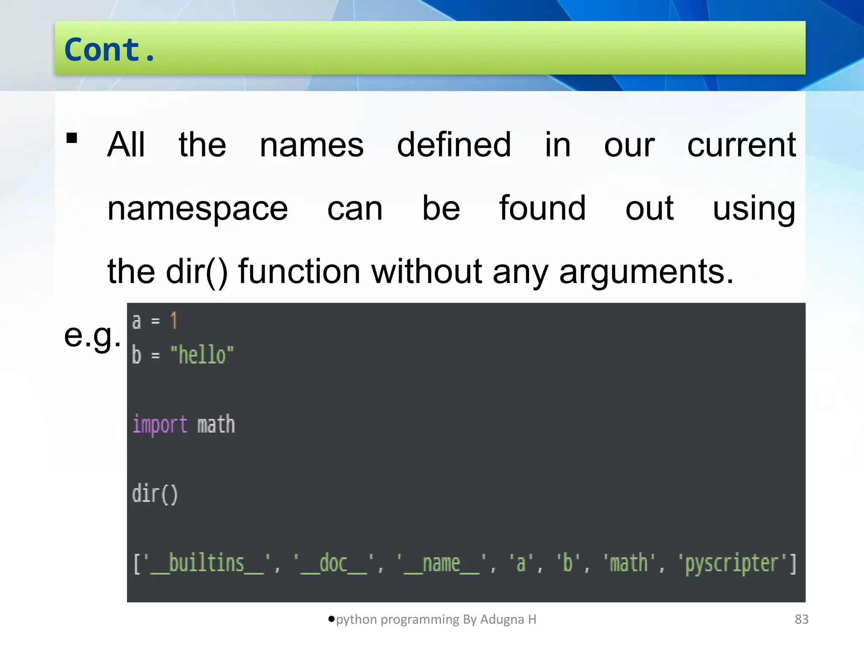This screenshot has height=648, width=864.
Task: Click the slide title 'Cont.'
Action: click(110, 50)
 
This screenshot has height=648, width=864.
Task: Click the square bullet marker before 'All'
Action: click(72, 138)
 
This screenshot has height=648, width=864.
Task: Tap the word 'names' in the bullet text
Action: click(311, 145)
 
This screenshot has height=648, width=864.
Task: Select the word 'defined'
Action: click(454, 145)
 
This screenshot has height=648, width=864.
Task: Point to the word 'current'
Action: click(741, 145)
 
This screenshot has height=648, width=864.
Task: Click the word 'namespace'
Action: click(197, 208)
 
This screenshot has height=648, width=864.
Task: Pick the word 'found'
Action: click(543, 208)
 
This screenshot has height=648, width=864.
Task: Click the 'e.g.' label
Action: click(92, 336)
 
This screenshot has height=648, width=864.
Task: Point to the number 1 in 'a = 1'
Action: click(174, 321)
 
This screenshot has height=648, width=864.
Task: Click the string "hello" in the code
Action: click(202, 355)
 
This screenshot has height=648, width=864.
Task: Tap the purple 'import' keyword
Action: click(160, 425)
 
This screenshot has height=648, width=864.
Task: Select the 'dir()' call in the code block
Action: click(155, 494)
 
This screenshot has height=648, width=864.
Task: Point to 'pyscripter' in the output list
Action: click(732, 564)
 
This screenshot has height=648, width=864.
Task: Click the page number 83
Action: click(802, 619)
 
